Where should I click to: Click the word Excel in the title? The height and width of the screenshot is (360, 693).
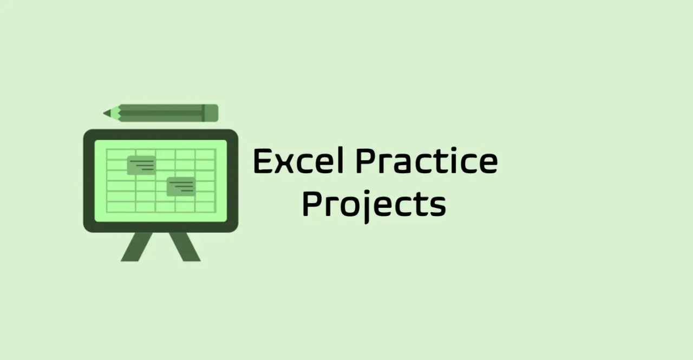[x=298, y=161]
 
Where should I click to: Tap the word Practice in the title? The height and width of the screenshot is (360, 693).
[x=427, y=161]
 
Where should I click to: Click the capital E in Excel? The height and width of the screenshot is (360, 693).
[x=262, y=161]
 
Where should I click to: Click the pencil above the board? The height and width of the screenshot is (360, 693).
[x=161, y=113]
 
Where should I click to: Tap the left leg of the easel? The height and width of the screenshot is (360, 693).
[x=136, y=247]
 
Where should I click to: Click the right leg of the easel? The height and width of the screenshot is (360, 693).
[x=185, y=247]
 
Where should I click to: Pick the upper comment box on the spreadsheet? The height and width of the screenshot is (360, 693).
[x=141, y=166]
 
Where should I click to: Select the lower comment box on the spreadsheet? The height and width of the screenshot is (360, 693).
[x=181, y=187]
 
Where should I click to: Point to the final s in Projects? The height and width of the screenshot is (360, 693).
[x=438, y=207]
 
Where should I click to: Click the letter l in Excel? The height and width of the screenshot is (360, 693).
[x=341, y=161]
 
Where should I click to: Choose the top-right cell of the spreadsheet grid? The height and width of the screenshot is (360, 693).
[x=205, y=155]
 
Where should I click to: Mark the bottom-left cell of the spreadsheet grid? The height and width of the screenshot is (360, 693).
[x=121, y=207]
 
